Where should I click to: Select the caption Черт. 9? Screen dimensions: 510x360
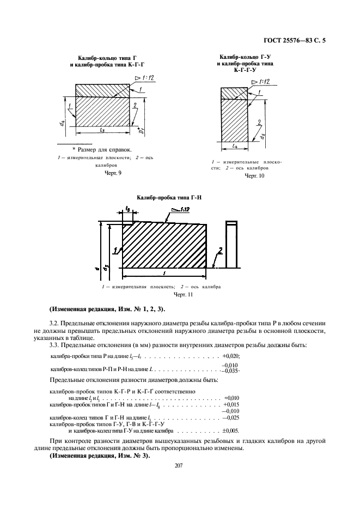tap(113, 173)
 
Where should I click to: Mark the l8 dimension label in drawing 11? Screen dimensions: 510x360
tap(127, 209)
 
